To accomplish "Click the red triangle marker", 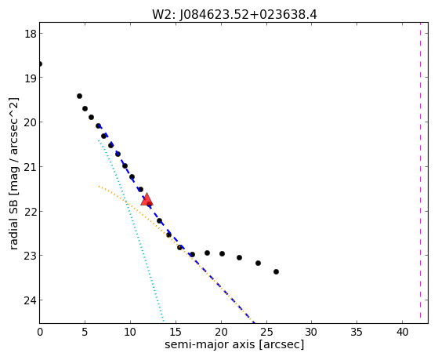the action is (147, 199).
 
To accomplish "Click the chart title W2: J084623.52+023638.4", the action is (234, 15).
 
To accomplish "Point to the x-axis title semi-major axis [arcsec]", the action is (234, 344).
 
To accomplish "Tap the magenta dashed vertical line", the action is (420, 173).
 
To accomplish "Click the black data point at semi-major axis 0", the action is (40, 64).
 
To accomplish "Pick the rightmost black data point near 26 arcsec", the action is (276, 271).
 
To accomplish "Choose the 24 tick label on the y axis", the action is (30, 300).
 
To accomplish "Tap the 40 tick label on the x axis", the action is (402, 333).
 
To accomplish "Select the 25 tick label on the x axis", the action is (266, 333).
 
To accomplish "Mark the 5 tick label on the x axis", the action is (85, 333).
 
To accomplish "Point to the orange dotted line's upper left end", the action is (99, 186).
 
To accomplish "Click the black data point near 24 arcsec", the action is (258, 263).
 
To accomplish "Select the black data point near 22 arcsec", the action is (240, 257).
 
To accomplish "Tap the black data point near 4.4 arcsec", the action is (79, 96).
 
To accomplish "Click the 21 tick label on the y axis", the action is (30, 167).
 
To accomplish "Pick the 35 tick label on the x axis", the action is (357, 333).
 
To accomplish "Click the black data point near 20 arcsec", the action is (222, 253).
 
